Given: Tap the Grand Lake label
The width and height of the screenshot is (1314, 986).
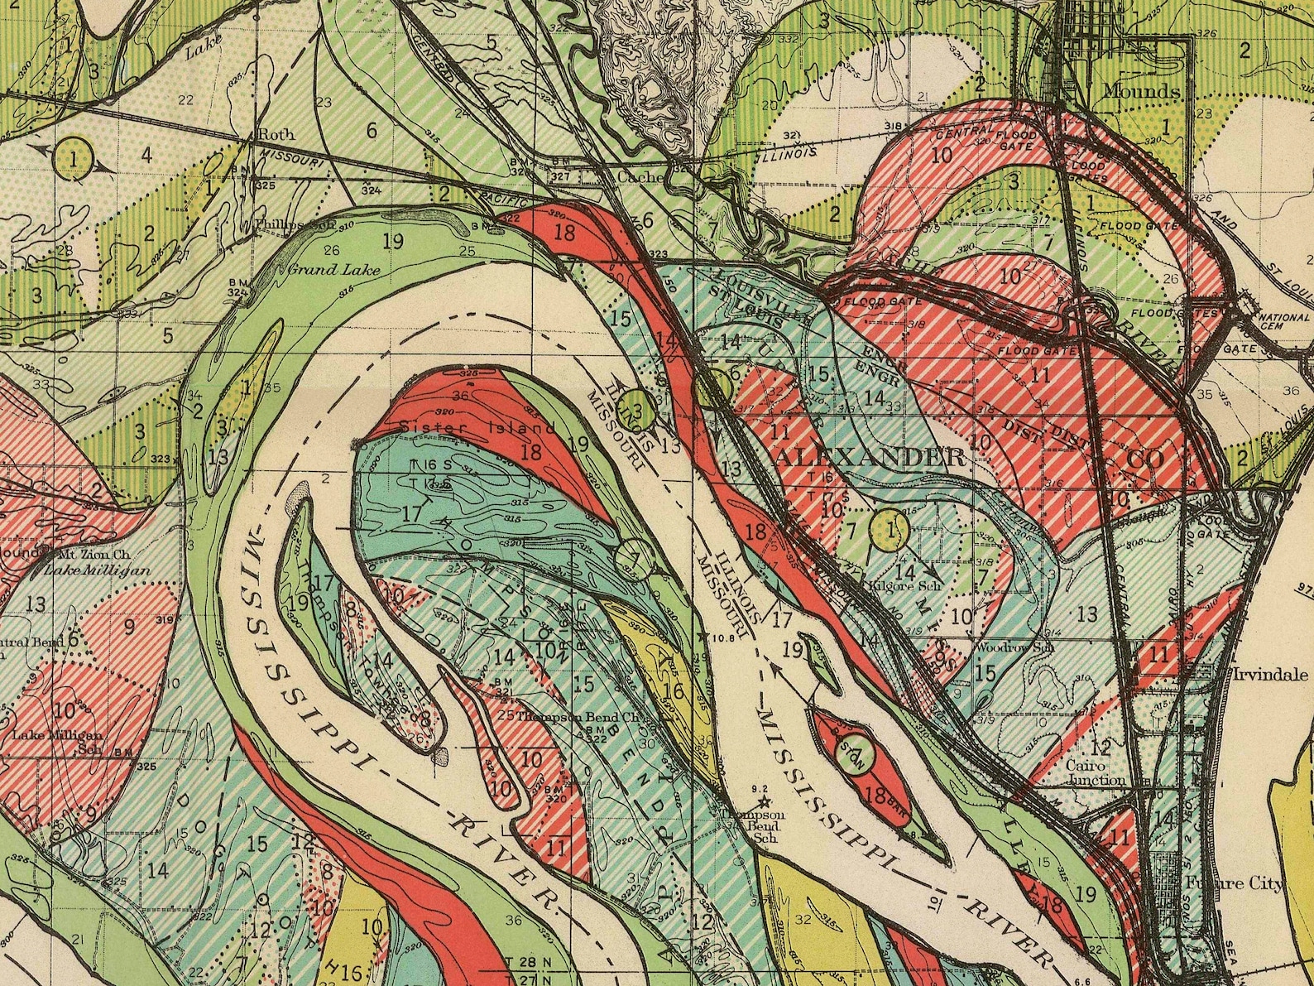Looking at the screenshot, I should tap(324, 269).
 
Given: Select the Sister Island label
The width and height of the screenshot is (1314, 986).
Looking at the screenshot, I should tap(477, 428).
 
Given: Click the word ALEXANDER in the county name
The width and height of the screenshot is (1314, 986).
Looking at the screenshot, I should tap(869, 457).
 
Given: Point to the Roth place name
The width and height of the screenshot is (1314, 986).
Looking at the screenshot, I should tap(276, 134).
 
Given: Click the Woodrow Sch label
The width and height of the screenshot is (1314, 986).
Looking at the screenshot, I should tap(1015, 647).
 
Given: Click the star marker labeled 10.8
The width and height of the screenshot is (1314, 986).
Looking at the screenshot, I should tap(704, 637).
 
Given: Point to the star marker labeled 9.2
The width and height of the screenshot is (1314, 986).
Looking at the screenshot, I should tap(764, 801).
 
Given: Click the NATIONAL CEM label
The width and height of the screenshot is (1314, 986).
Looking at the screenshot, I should tap(1283, 322).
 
